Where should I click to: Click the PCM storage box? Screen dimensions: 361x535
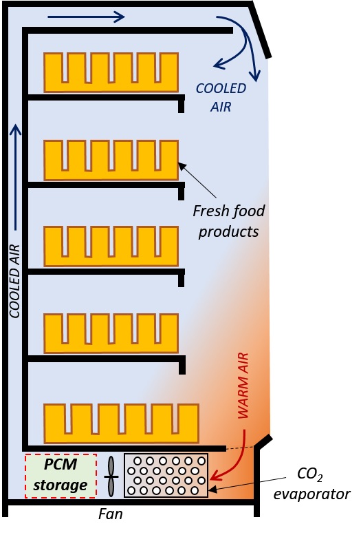(x=61, y=475)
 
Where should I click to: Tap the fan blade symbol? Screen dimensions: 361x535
(x=111, y=476)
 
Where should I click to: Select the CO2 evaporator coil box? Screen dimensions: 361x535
(x=166, y=475)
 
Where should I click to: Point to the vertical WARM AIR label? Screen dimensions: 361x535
(x=243, y=386)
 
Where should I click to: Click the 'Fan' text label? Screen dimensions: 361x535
(x=110, y=514)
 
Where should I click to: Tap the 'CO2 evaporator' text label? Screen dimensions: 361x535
(x=311, y=484)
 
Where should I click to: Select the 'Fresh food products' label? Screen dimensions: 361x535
(x=229, y=221)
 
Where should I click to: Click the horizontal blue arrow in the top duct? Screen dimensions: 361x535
(x=86, y=17)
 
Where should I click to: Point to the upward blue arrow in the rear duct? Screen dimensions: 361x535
(x=15, y=177)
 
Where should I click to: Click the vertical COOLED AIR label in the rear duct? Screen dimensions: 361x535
(x=14, y=281)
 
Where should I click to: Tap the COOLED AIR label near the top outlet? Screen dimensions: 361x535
(x=221, y=97)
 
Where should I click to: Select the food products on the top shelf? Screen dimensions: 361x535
(x=111, y=72)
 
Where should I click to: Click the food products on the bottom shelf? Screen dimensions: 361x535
(x=121, y=423)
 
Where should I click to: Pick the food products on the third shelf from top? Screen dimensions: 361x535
(x=111, y=246)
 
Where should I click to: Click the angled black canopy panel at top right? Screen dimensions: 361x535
(x=260, y=31)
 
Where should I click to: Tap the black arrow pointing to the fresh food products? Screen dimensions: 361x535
(x=197, y=180)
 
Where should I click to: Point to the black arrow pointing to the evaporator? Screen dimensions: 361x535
(x=247, y=484)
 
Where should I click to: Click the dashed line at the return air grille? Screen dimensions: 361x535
(x=240, y=448)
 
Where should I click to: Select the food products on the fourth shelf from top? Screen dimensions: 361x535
(x=111, y=333)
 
